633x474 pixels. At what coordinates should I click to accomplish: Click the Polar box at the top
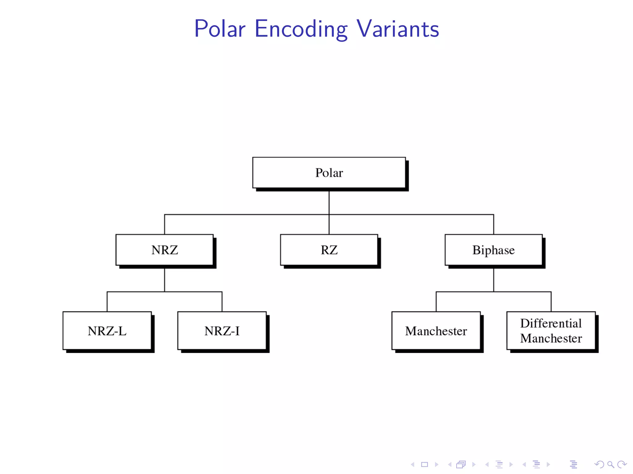(329, 173)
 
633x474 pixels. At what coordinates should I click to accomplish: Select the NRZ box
(164, 250)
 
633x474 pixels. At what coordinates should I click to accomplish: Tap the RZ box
(329, 250)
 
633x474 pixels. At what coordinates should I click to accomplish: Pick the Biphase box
(493, 250)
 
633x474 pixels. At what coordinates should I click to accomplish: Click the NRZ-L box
(107, 331)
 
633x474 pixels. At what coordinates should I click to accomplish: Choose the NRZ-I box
(222, 331)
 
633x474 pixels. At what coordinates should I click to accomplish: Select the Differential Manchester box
(551, 331)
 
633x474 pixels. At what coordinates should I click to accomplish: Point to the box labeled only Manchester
(436, 331)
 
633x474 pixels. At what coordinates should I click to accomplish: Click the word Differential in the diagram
(551, 323)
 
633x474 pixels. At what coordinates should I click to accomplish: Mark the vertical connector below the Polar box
(329, 202)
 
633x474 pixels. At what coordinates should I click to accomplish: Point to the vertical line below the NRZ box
(164, 280)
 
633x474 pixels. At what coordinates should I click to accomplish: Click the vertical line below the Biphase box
(494, 280)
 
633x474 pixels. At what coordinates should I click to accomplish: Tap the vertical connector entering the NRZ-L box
(107, 301)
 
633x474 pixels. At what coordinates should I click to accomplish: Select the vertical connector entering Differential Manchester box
(551, 301)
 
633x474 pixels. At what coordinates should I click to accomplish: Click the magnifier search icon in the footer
(610, 464)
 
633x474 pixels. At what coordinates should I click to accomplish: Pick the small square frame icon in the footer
(424, 464)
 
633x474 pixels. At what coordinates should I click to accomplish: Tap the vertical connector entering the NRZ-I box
(222, 301)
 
